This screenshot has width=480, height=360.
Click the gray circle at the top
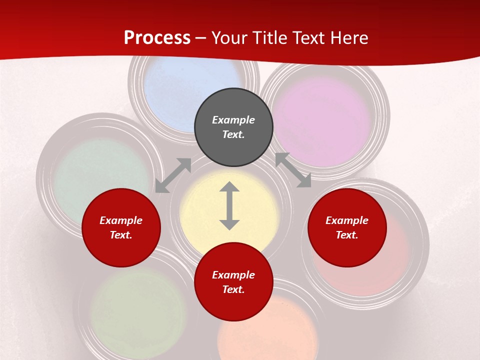pos(233,127)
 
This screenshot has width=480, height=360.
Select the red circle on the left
pos(121,227)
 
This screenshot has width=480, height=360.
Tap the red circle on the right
pos(347,227)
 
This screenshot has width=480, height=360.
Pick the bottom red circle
pos(233,282)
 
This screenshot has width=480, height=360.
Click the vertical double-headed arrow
pos(229,205)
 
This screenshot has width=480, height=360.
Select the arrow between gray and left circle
pos(173,175)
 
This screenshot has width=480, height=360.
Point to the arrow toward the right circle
pos(293,170)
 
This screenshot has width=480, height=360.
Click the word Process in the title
pos(157,37)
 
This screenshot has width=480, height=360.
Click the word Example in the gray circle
pos(233,120)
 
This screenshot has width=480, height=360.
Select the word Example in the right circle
pos(347,220)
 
